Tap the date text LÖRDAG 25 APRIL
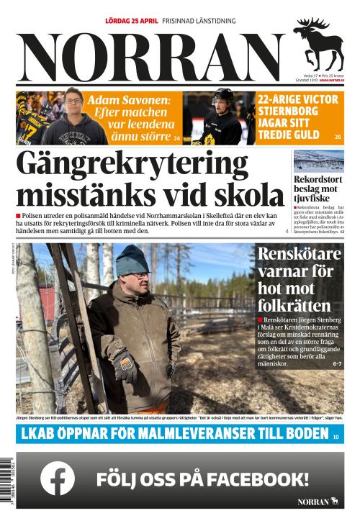pyautogui.click(x=131, y=21)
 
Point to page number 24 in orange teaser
pyautogui.click(x=176, y=137)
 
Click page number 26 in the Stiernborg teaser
pyautogui.click(x=338, y=137)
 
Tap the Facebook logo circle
pyautogui.click(x=58, y=478)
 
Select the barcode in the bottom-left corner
pyautogui.click(x=7, y=479)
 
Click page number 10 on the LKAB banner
pyautogui.click(x=336, y=436)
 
